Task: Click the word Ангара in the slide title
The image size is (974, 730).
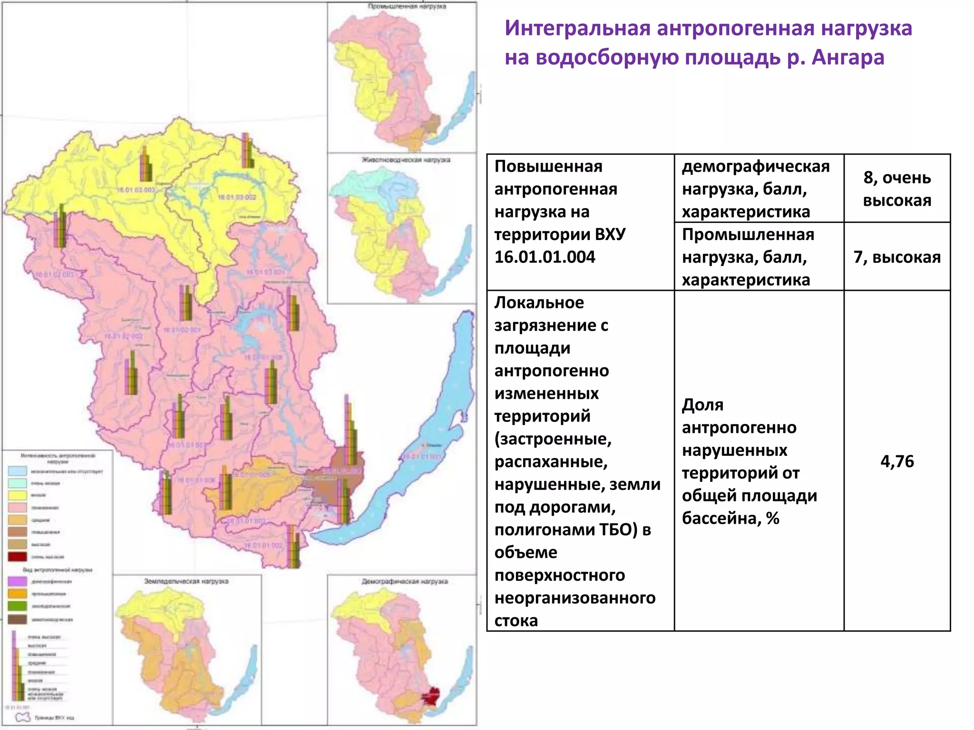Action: coord(847,58)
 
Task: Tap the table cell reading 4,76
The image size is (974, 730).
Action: coord(897,461)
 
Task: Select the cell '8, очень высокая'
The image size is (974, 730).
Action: coord(897,189)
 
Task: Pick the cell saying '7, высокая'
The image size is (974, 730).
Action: coord(897,257)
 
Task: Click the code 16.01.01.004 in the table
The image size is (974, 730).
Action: coord(545,257)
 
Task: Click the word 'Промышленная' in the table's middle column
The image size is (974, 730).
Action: coord(748,235)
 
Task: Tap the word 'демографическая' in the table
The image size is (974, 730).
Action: coord(756,167)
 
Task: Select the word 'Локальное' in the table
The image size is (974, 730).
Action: coord(539,303)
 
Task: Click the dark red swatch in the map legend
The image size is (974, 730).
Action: coord(17,557)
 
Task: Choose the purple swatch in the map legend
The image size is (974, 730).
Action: coord(17,581)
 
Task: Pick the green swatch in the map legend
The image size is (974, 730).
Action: coord(17,606)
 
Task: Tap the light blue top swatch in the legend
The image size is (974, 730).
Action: coord(17,471)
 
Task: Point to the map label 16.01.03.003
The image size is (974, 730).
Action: coord(136,190)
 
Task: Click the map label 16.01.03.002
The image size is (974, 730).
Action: coord(237,197)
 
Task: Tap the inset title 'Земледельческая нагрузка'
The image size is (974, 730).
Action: coord(186,581)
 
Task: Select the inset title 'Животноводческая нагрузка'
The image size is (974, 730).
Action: coord(406,160)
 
